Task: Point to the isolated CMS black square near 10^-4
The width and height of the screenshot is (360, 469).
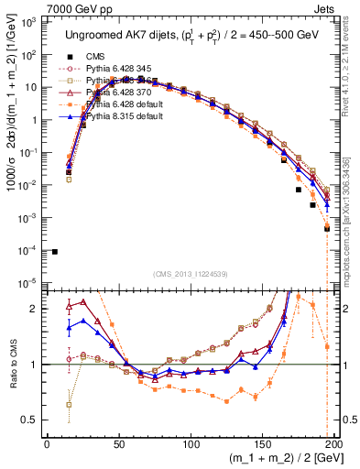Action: point(55,251)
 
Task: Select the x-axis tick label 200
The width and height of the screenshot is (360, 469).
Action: point(333,442)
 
